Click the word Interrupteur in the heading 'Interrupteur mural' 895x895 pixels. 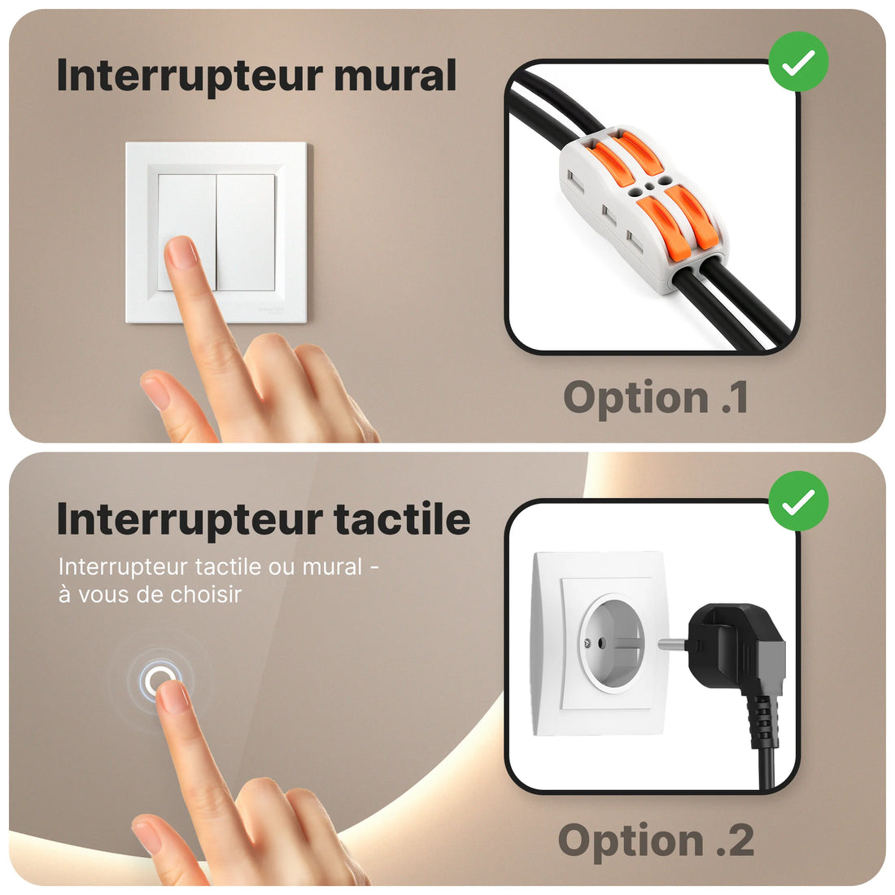[x=190, y=76]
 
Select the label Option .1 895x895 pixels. [x=656, y=397]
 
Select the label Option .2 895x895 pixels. [x=656, y=840]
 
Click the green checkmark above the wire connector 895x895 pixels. [x=798, y=62]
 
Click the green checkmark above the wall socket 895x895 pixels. [x=798, y=501]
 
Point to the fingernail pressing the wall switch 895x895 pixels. [x=182, y=253]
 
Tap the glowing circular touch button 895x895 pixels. [x=160, y=680]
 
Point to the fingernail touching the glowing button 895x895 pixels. [x=173, y=697]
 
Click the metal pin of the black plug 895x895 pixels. [x=675, y=644]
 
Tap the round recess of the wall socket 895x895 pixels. [x=611, y=642]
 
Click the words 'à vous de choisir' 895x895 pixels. [x=151, y=595]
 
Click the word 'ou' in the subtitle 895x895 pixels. [x=282, y=567]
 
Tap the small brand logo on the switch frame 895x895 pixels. [x=271, y=309]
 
